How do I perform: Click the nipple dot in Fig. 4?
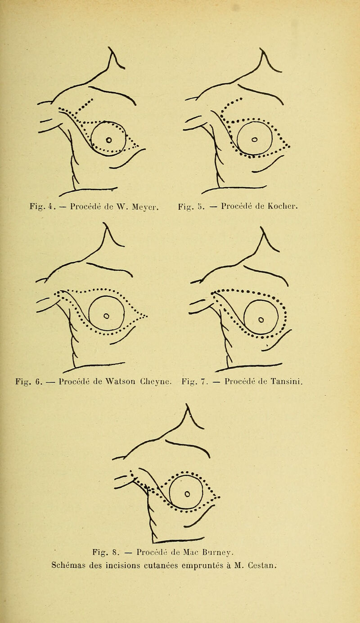tap(109, 140)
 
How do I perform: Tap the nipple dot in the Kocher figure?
tap(254, 139)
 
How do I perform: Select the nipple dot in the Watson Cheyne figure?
tap(106, 316)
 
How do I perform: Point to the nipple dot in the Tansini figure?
tap(261, 319)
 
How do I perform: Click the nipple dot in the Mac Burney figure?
tap(187, 493)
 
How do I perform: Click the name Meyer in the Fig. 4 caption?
tap(145, 206)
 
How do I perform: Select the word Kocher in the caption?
tap(283, 206)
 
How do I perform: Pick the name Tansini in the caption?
tap(286, 381)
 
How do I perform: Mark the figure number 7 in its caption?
tap(204, 381)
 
